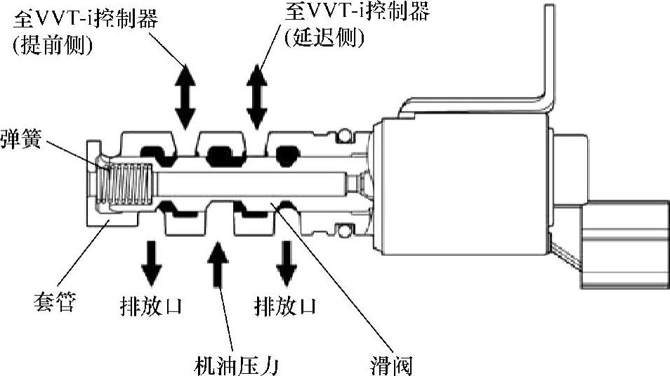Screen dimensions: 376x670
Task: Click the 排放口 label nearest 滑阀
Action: pos(284,306)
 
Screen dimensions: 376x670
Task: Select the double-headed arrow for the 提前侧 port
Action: pos(185,94)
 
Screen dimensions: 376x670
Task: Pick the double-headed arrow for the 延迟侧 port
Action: pos(257,94)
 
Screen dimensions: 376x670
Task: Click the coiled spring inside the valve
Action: pos(127,181)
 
